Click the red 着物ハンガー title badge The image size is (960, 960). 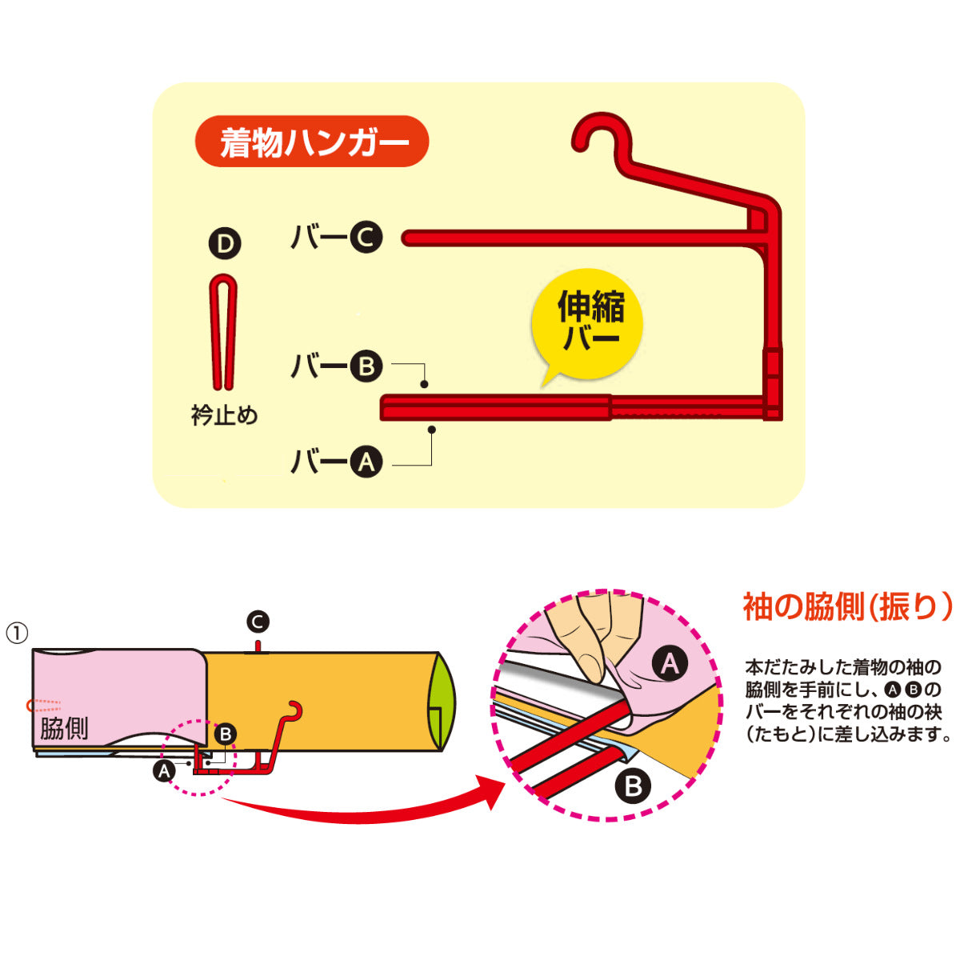(x=312, y=142)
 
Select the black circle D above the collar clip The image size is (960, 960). (x=225, y=244)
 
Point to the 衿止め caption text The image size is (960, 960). (x=224, y=416)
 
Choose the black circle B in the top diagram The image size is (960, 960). (x=366, y=366)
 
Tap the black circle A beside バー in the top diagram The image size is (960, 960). (x=366, y=462)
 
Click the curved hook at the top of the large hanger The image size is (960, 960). (x=596, y=133)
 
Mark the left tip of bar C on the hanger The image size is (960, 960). (x=407, y=238)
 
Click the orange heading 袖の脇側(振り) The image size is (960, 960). (x=847, y=607)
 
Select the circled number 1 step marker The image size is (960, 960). (x=18, y=633)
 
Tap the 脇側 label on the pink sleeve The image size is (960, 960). (x=64, y=728)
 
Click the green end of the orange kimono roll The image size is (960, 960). (x=442, y=702)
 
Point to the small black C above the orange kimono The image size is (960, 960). (x=258, y=622)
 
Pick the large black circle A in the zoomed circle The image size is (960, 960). (x=670, y=663)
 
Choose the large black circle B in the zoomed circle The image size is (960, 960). (x=634, y=786)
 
